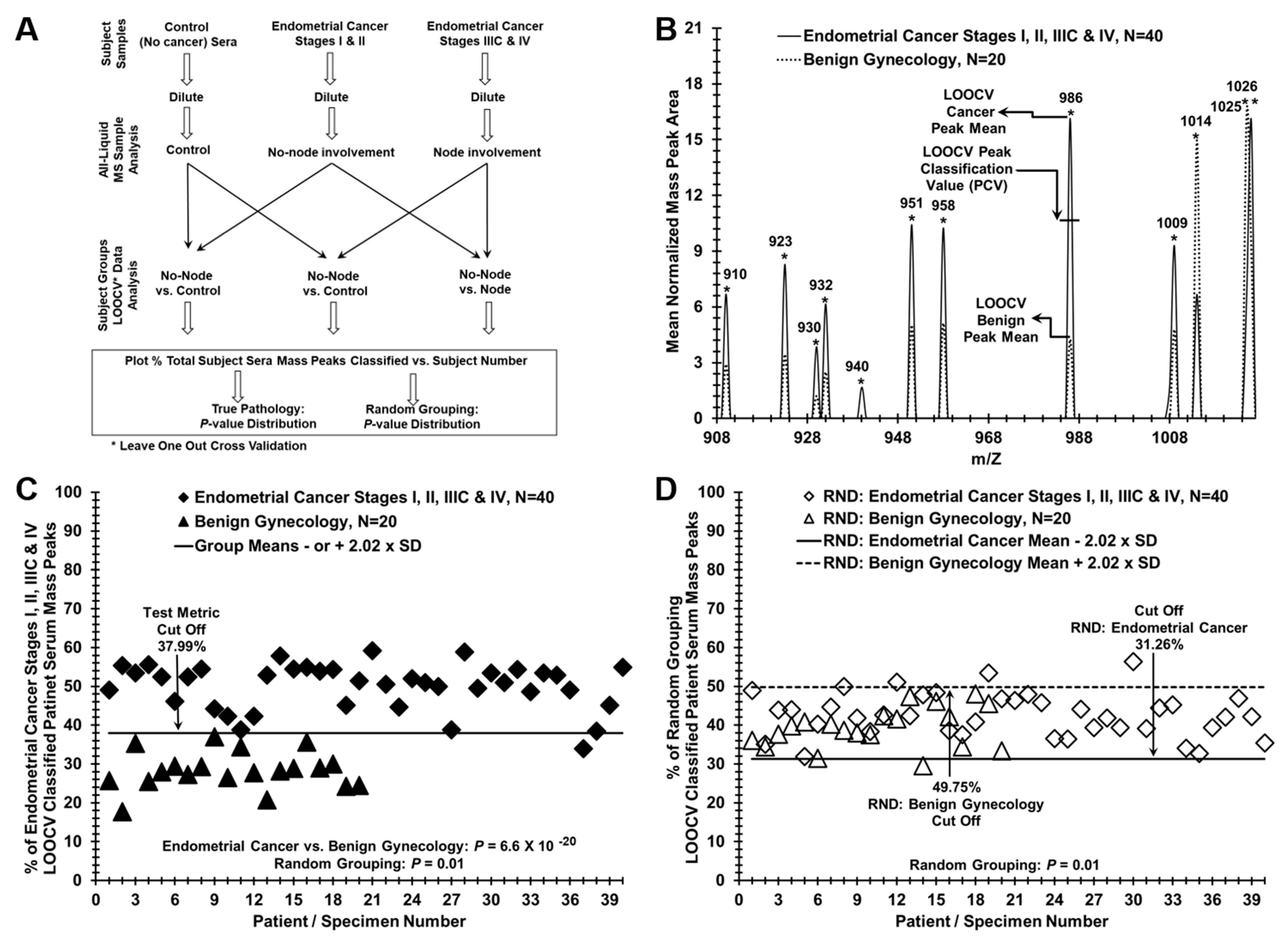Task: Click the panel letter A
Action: [x=27, y=30]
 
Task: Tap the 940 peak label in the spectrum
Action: [x=857, y=367]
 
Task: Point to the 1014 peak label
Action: [x=1195, y=121]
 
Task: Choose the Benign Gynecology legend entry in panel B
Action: [x=904, y=59]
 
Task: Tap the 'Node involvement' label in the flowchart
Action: [x=487, y=152]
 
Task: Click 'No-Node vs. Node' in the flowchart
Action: [x=485, y=282]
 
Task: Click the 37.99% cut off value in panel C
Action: [x=181, y=646]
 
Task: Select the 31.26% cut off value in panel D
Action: [x=1159, y=645]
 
